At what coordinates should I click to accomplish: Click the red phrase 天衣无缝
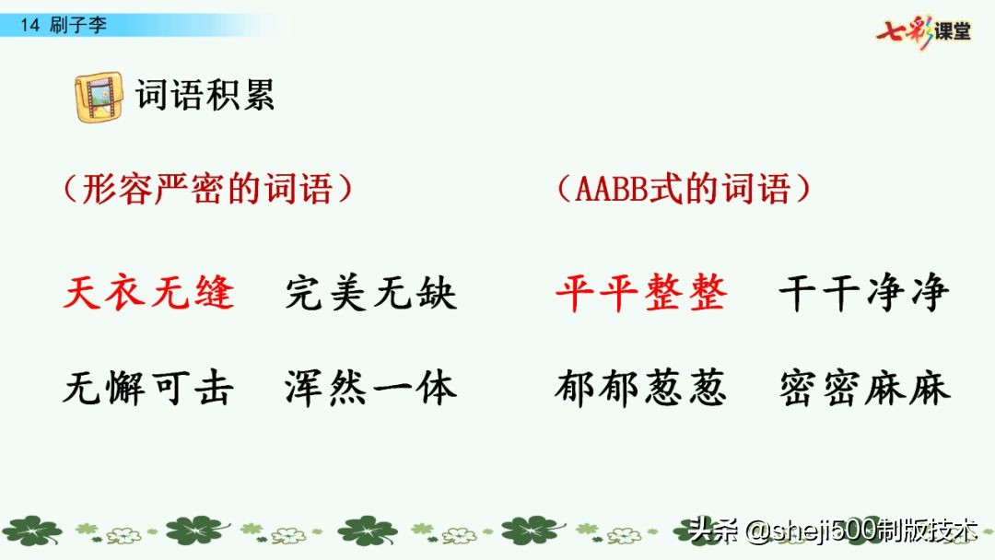pos(148,294)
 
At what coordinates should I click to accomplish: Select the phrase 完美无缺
pos(371,294)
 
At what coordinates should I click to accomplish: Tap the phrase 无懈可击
pos(148,389)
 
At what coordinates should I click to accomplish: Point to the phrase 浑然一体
pos(371,389)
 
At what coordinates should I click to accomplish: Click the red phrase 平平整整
pos(641,294)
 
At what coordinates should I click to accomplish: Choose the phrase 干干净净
pos(864,294)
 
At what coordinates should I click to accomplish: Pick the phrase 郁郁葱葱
pos(641,389)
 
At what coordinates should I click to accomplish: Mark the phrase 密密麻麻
pos(864,389)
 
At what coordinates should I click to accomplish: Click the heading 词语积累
pos(205,96)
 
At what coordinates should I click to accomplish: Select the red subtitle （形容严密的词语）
pos(207,190)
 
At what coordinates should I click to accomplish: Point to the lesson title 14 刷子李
pos(64,25)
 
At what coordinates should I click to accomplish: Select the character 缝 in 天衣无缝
pos(214,294)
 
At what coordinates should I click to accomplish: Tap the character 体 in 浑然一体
pos(437,389)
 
